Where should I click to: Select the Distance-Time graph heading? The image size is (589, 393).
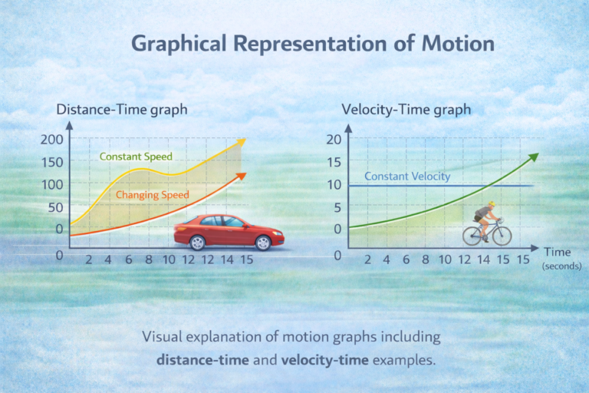pos(122,109)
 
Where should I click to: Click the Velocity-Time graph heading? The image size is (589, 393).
pos(406,109)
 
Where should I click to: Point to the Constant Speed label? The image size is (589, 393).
pos(136,157)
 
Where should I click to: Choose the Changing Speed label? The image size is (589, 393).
pos(152,195)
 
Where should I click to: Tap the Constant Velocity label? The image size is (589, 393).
pos(407,177)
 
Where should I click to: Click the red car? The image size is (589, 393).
pos(229,231)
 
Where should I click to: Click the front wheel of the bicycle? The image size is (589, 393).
pos(502,235)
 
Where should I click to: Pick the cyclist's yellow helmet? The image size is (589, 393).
pos(492,205)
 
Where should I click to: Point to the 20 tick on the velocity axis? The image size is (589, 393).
pos(333,139)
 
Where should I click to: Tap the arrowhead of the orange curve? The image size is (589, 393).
pos(242,176)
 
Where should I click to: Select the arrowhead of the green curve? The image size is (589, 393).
pos(534,156)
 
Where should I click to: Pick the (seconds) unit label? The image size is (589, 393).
pos(561,266)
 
